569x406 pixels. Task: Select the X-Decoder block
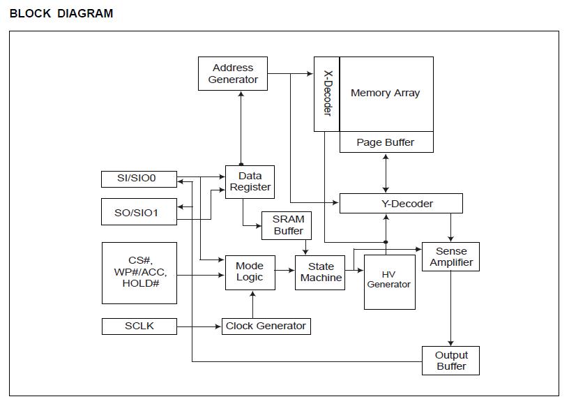click(x=326, y=93)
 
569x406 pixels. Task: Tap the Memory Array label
click(x=386, y=93)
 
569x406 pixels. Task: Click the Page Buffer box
click(x=386, y=142)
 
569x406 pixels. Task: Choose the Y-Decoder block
click(x=400, y=204)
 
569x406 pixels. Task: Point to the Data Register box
click(x=250, y=182)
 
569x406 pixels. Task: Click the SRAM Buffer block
click(x=288, y=225)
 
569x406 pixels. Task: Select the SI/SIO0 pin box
click(x=139, y=179)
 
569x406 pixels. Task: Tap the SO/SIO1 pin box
click(x=139, y=212)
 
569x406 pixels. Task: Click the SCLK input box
click(x=139, y=326)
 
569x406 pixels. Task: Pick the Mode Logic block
click(x=250, y=272)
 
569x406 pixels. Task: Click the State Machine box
click(x=321, y=272)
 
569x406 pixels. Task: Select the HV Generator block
click(x=389, y=279)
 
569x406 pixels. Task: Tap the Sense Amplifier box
click(x=451, y=257)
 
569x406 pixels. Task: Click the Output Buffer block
click(x=451, y=361)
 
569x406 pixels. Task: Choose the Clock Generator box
click(x=266, y=326)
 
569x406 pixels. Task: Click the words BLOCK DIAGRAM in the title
click(x=61, y=13)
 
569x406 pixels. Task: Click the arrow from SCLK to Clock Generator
click(x=199, y=326)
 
